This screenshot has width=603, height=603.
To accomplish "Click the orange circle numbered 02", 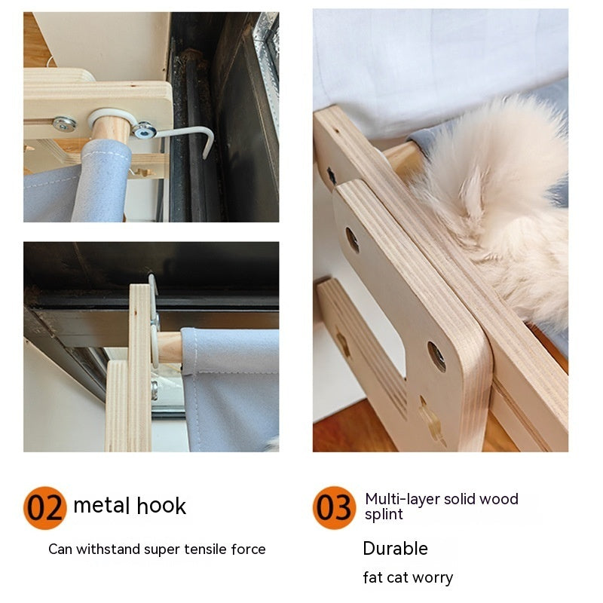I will (45, 507).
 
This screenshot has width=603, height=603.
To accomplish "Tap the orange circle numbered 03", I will (334, 507).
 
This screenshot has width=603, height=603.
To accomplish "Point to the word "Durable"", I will (395, 548).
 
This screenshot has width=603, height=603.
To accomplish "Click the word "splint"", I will (384, 515).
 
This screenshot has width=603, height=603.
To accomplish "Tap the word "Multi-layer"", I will (399, 499).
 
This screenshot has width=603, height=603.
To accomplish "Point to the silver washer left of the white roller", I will (65, 124).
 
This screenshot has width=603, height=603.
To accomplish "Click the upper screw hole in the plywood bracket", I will (352, 240).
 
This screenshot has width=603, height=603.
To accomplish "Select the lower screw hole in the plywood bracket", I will (437, 355).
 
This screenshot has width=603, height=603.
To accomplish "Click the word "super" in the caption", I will (162, 549).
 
